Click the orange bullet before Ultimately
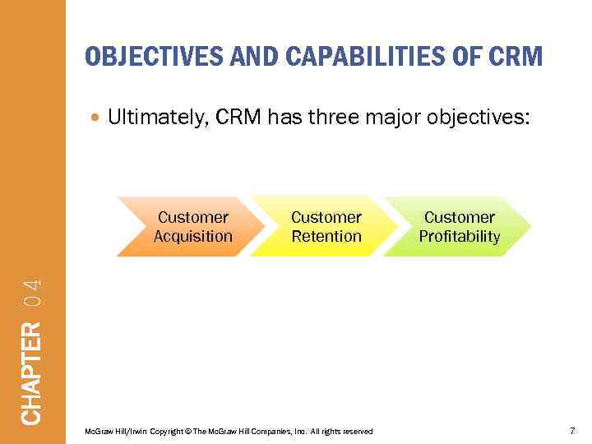[97, 118]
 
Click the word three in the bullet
[334, 118]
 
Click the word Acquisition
[193, 237]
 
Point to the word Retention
[326, 237]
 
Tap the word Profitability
[460, 237]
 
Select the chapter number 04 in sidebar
[31, 294]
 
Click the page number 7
[571, 431]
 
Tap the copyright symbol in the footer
[188, 432]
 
